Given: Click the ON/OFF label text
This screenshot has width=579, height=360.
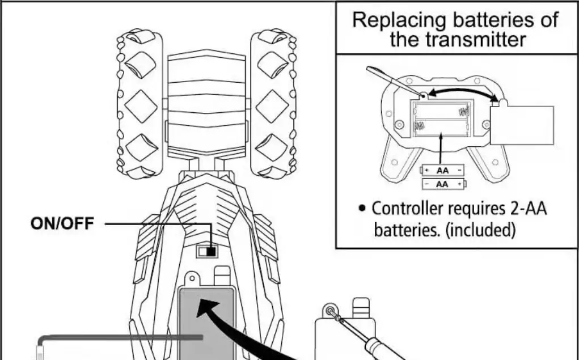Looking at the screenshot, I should pos(62,223).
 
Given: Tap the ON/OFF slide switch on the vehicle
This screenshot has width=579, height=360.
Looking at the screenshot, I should pos(207,251).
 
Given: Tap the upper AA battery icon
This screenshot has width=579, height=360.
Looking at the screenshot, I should pos(442,170).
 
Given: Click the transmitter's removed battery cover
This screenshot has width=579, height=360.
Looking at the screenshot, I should pos(522,124).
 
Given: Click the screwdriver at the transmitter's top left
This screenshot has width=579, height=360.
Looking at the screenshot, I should pos(391,79).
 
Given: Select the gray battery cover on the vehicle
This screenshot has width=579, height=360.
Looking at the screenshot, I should pos(206,323).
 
